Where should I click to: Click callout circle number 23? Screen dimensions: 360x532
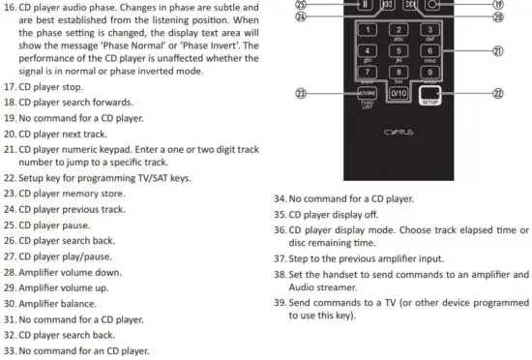(301, 93)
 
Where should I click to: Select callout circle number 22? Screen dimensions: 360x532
(498, 93)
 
